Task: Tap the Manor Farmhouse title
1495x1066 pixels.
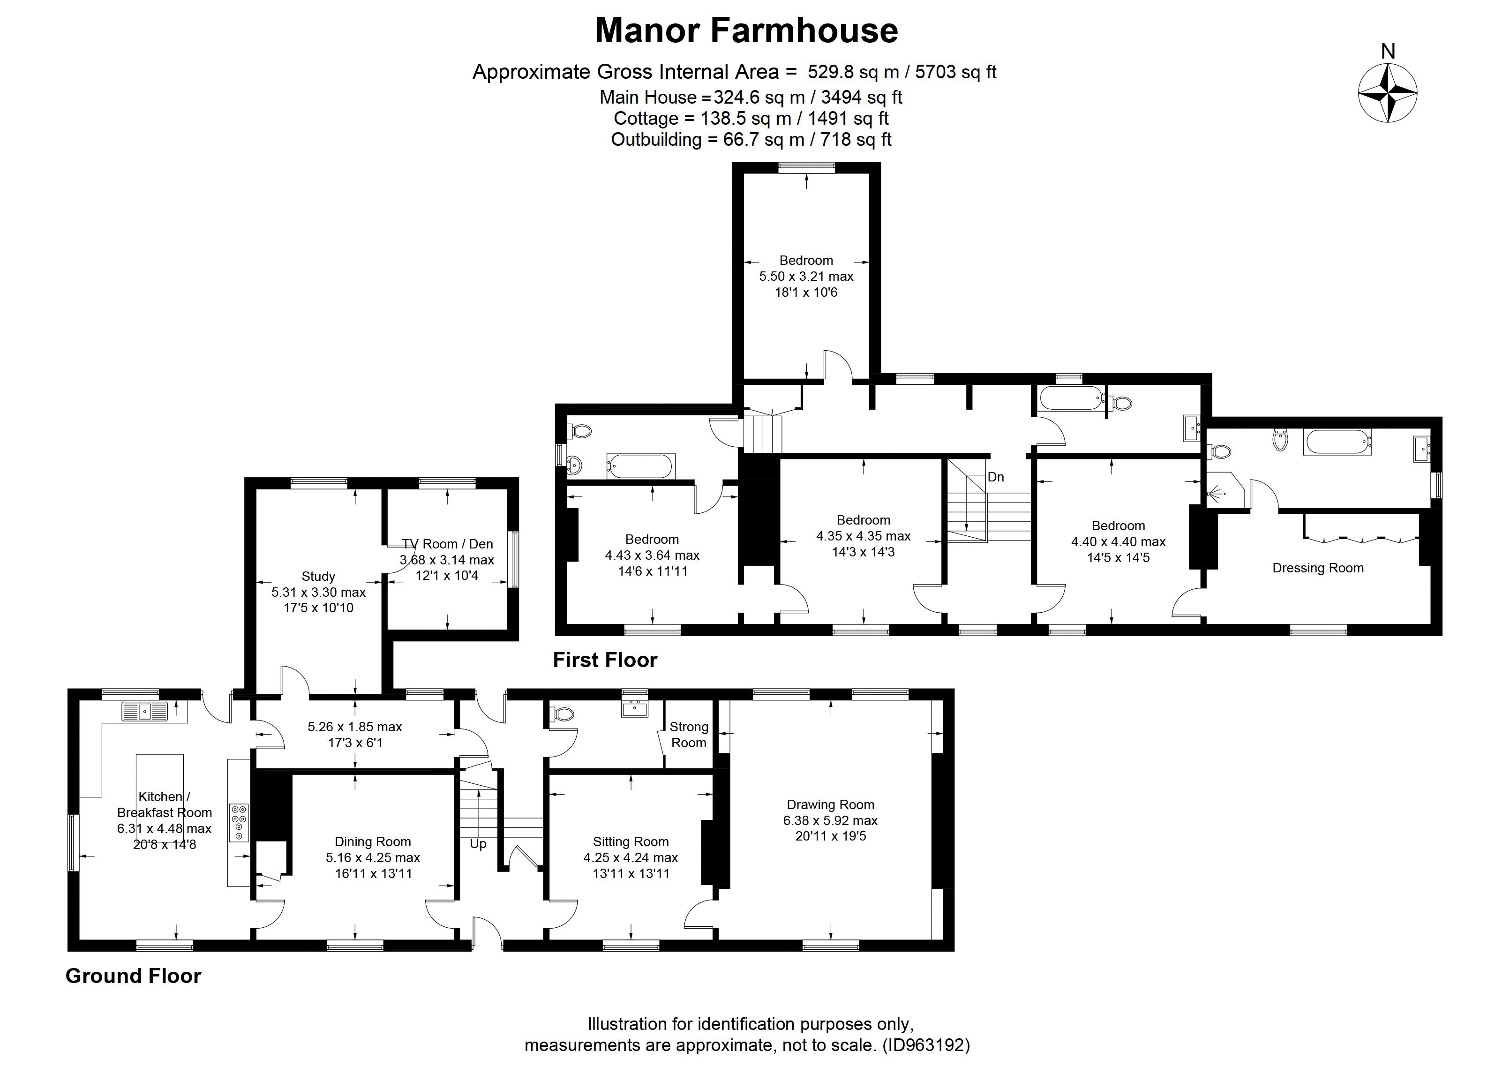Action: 746,30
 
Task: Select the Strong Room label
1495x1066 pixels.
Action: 689,735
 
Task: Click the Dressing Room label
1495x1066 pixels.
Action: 1318,568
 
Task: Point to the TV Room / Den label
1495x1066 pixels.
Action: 447,543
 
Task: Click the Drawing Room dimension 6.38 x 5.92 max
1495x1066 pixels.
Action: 830,820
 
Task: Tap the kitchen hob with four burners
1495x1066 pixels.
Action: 238,823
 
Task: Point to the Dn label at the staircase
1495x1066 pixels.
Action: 996,477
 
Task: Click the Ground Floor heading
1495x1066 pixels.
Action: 133,976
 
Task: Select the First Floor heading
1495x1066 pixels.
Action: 605,660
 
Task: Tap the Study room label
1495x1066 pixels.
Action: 318,576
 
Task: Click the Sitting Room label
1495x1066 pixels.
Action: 631,841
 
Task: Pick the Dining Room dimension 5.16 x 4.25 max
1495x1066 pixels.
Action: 373,857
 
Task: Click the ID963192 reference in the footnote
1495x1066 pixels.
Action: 926,1044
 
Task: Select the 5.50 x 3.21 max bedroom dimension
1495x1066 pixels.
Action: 806,277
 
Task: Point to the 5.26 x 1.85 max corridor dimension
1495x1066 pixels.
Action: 355,727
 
